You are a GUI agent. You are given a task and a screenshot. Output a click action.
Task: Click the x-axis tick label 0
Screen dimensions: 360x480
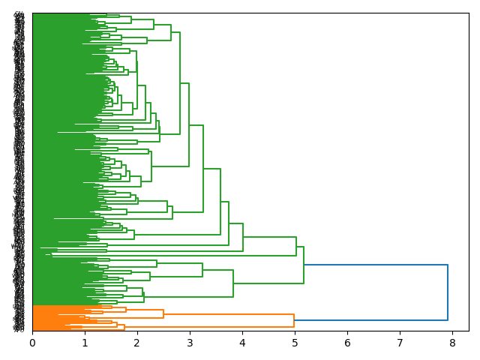pos(32,342)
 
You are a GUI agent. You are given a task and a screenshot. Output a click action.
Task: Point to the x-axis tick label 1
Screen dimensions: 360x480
pos(85,342)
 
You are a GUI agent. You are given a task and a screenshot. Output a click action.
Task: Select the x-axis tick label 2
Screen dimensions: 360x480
pos(137,342)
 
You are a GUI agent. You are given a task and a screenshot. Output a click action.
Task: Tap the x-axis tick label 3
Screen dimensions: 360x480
pos(190,342)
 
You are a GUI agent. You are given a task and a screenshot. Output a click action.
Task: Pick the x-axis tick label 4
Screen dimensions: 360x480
pos(242,342)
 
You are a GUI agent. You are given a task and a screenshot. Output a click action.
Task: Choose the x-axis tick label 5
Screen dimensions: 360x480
pos(295,342)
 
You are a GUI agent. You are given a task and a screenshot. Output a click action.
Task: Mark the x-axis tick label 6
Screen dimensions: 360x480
pos(347,342)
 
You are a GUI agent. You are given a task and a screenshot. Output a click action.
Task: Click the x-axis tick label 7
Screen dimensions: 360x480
pos(400,342)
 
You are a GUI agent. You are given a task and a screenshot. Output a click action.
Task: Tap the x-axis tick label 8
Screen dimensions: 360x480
pos(452,342)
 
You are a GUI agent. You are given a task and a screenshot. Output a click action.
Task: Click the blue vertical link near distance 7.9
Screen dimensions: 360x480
pos(448,292)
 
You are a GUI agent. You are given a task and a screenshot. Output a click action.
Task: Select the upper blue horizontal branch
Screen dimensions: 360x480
pos(375,265)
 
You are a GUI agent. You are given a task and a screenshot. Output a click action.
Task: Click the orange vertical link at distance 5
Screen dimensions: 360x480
pos(294,320)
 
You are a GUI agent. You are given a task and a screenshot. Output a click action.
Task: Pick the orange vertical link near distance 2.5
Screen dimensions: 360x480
pos(163,313)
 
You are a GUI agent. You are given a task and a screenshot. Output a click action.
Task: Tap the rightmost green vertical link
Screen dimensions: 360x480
pos(304,265)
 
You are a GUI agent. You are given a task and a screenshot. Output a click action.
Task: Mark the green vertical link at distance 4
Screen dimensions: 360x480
pos(243,237)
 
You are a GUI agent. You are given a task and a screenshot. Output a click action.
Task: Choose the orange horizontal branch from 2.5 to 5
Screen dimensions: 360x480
pos(229,314)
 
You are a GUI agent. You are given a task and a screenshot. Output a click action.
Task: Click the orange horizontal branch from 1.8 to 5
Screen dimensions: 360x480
pos(210,326)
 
